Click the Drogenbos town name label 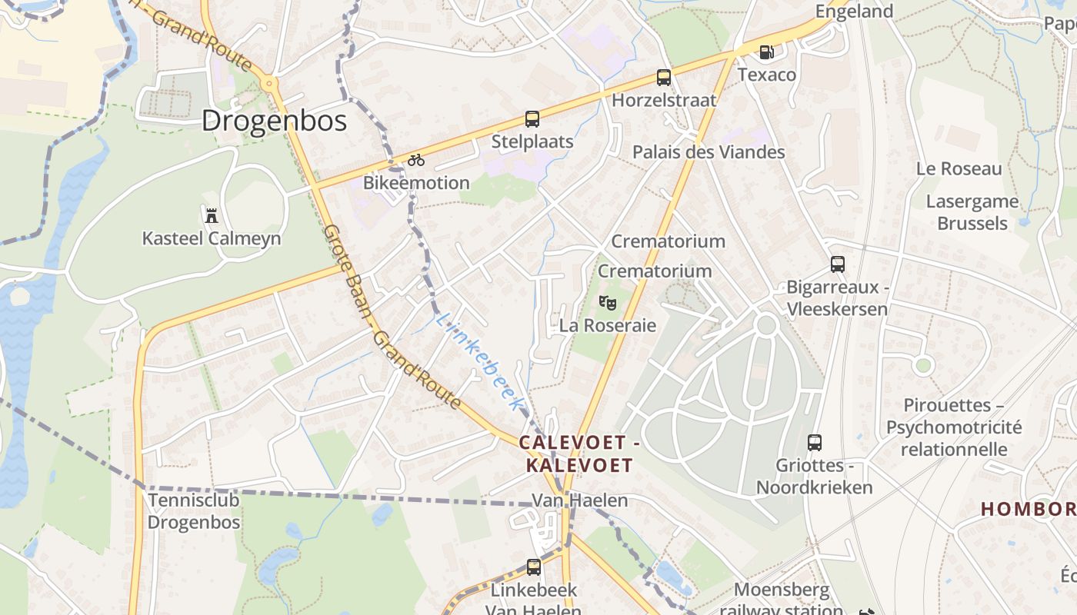click(275, 121)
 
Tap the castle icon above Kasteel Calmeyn click(212, 214)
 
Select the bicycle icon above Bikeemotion click(416, 160)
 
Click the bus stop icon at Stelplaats click(532, 119)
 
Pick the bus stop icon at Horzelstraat click(664, 78)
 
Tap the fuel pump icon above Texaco click(766, 52)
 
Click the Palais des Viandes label click(709, 152)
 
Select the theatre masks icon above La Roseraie click(608, 303)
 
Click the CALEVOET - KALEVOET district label click(579, 454)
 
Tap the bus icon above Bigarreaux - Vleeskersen click(838, 264)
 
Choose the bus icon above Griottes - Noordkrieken click(815, 443)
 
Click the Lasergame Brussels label click(972, 212)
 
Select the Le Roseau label click(959, 169)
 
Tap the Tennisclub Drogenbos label click(194, 511)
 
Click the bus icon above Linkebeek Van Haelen click(534, 567)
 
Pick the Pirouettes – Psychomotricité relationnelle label click(954, 427)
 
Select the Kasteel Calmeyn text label click(212, 238)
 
